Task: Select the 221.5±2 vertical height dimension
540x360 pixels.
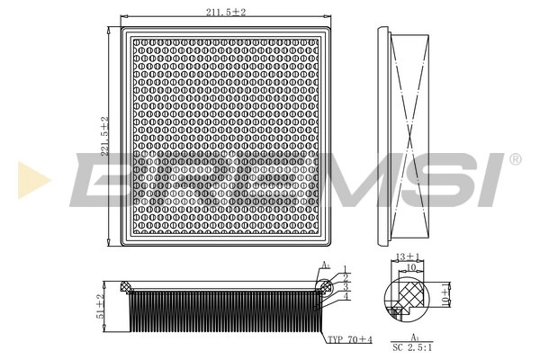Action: pyautogui.click(x=105, y=138)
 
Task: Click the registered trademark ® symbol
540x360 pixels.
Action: pyautogui.click(x=515, y=159)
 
